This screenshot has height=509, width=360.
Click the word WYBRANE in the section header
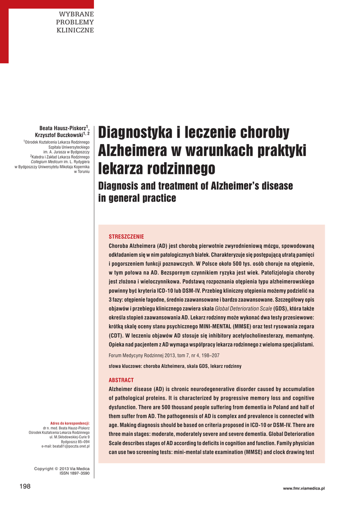pos(77,13)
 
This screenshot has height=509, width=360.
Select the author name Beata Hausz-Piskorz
pos(63,128)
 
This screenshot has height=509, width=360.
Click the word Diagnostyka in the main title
pos(133,133)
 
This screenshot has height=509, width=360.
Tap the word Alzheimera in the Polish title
pos(131,151)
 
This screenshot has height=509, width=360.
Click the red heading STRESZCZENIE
pos(126,237)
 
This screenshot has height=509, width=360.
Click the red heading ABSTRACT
pos(121,380)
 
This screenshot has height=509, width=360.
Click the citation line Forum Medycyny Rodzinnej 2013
pos(164,355)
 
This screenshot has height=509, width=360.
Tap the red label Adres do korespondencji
pos(70,423)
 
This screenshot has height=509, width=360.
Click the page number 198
pos(25,486)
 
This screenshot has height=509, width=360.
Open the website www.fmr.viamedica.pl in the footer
pos(303,489)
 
